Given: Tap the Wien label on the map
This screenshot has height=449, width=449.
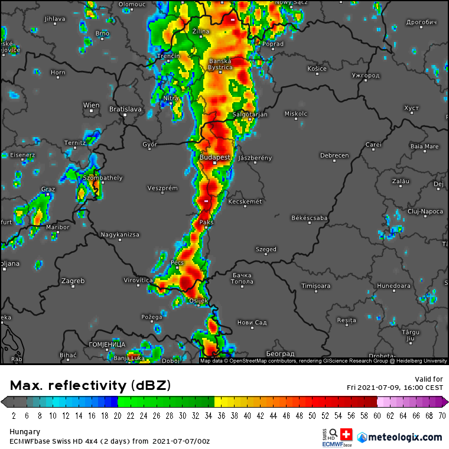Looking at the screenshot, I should (91, 105).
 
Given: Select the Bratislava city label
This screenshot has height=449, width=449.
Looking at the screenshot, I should (125, 109).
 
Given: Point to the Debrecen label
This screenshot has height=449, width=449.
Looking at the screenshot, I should (334, 156).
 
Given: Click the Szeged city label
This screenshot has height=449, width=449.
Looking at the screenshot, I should (266, 249).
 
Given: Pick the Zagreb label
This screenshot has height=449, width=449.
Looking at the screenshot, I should (73, 281).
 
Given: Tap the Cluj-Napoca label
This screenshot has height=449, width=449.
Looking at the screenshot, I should (425, 211).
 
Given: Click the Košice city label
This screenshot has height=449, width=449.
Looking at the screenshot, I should (317, 69).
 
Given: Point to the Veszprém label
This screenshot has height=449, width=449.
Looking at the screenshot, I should (162, 188).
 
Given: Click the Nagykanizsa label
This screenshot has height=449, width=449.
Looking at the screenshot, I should (120, 235).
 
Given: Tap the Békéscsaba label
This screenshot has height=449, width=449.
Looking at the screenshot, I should (309, 218).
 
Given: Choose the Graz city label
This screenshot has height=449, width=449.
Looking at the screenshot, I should (48, 190).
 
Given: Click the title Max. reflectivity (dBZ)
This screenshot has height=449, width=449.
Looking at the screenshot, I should (90, 386).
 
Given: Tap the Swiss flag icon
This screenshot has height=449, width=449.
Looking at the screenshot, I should (346, 434).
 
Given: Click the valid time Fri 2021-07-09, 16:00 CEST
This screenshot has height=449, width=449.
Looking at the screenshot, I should (395, 388).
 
